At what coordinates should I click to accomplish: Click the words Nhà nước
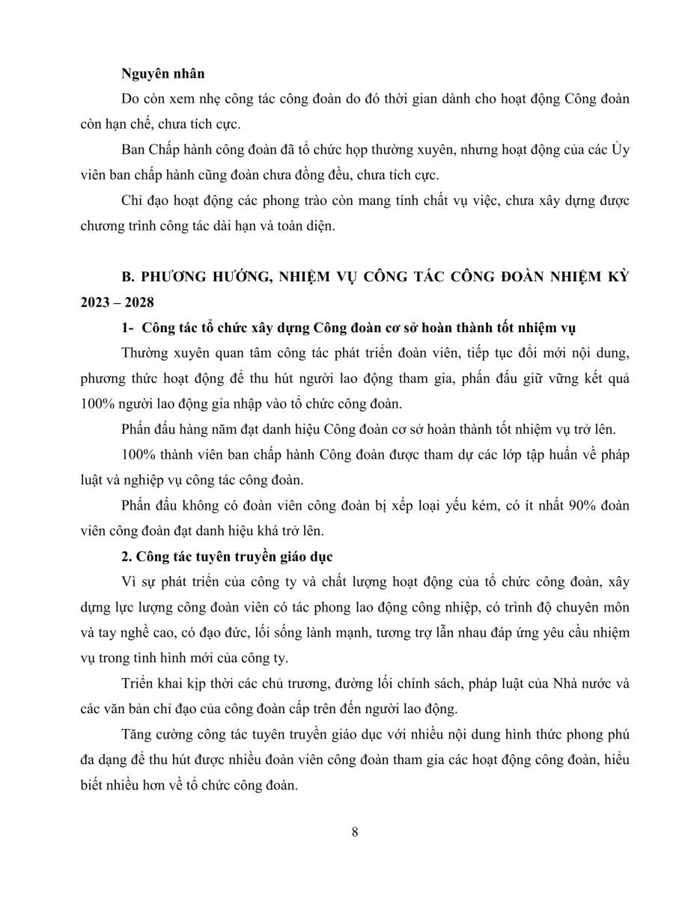576,683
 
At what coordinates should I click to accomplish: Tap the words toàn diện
308,227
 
